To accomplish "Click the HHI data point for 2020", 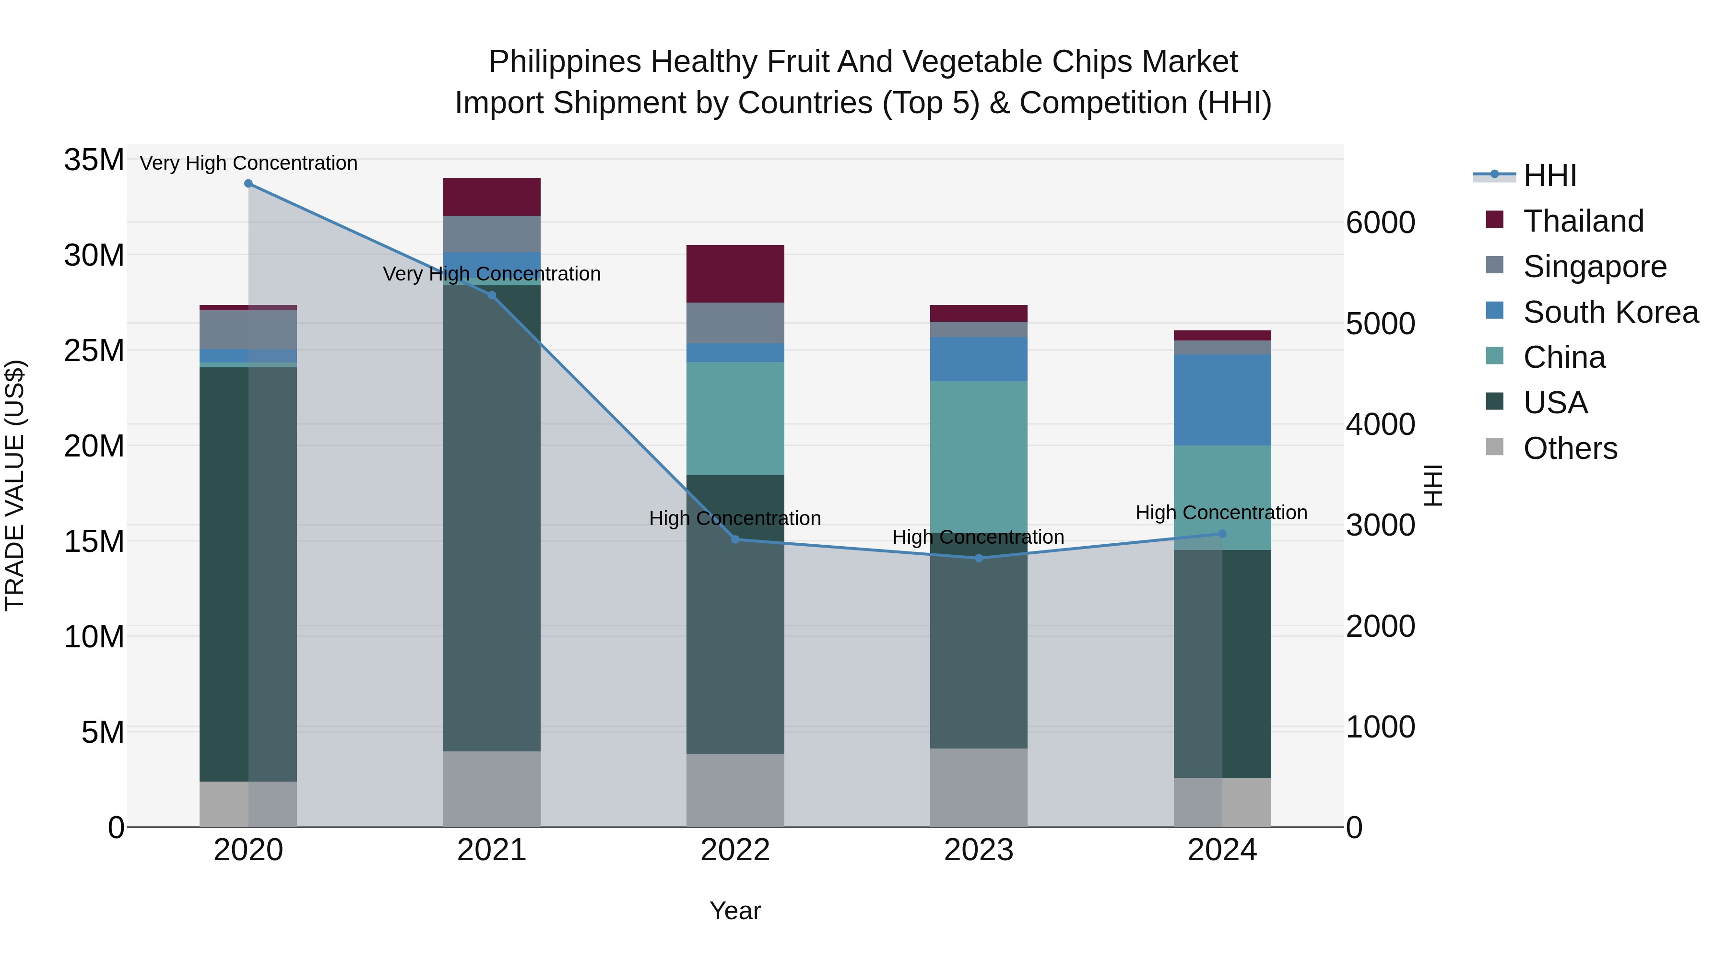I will pyautogui.click(x=248, y=184).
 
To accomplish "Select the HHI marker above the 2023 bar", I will pyautogui.click(x=978, y=558).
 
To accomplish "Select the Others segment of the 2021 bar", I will pyautogui.click(x=491, y=789).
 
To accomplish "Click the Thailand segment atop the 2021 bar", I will pyautogui.click(x=491, y=197).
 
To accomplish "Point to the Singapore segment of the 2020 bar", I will pyautogui.click(x=248, y=330).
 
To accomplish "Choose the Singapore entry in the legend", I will pyautogui.click(x=1594, y=267).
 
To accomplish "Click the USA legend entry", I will pyautogui.click(x=1555, y=403).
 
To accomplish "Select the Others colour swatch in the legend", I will pyautogui.click(x=1494, y=446).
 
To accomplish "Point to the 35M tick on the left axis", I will pyautogui.click(x=94, y=160).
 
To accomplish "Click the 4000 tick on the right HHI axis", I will pyautogui.click(x=1380, y=424).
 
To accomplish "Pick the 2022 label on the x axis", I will pyautogui.click(x=735, y=850).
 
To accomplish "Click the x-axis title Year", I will pyautogui.click(x=735, y=911).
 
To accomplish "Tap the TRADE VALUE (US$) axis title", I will pyautogui.click(x=15, y=485).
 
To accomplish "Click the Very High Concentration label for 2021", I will pyautogui.click(x=491, y=274).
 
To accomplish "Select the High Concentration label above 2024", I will pyautogui.click(x=1221, y=513).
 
